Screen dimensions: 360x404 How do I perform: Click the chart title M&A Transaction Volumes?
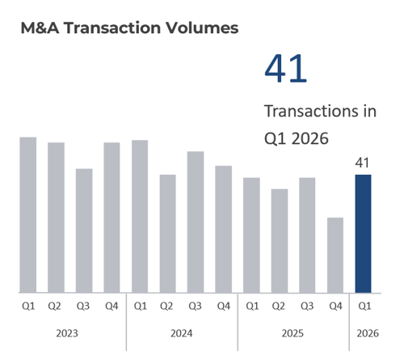point(129,28)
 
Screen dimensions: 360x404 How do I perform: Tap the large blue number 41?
point(286,69)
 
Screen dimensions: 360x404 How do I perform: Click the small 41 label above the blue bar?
point(364,163)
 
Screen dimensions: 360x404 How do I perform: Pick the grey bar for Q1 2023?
point(28,214)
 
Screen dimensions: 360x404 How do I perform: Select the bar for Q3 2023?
point(84,231)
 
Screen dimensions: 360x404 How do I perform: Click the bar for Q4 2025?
point(335,255)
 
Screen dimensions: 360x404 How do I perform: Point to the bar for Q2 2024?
point(167,233)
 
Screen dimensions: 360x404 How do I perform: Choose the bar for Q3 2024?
point(196,222)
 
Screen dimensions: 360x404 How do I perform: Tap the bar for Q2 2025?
point(280,240)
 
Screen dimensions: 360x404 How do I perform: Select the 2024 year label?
point(181,332)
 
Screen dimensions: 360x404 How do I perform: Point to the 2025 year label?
point(293,332)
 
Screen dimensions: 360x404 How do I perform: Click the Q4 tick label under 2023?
point(112,306)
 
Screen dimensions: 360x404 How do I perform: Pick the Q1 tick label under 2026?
point(364,306)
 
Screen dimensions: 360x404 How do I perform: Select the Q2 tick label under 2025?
point(280,306)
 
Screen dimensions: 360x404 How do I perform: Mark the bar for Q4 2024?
point(224,229)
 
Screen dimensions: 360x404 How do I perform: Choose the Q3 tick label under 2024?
point(196,306)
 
